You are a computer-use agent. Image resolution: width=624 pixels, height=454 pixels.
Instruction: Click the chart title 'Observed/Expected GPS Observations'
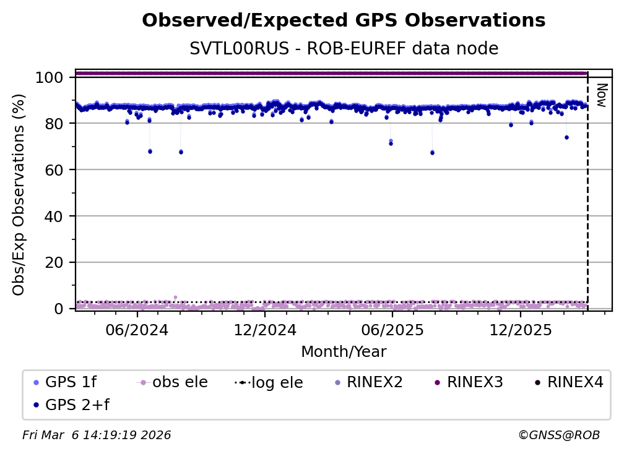[x=344, y=21]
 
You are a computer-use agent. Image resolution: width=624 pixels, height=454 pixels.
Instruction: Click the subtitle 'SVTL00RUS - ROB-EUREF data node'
[x=344, y=48]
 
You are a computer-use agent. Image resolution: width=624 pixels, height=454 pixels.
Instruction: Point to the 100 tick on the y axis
[x=50, y=77]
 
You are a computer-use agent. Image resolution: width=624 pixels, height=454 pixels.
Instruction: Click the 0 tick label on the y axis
[x=58, y=309]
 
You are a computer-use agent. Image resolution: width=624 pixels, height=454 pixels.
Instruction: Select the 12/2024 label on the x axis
[x=265, y=330]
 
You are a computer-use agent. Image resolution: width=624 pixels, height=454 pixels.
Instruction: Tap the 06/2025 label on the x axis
[x=392, y=330]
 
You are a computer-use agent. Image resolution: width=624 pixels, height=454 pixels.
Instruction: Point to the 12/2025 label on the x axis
[x=520, y=330]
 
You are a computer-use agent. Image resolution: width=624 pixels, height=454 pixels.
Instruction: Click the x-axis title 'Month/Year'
[x=344, y=352]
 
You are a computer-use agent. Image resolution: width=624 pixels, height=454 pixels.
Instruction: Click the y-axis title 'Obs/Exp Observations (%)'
[x=19, y=195]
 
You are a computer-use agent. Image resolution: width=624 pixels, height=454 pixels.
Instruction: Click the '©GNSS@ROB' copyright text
[x=558, y=435]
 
